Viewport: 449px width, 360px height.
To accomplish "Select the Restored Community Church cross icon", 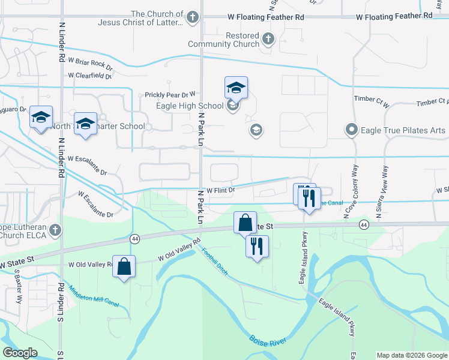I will pyautogui.click(x=268, y=40).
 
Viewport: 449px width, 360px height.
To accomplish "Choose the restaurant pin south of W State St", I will pyautogui.click(x=257, y=246).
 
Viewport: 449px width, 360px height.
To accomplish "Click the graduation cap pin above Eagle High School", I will pyautogui.click(x=236, y=88).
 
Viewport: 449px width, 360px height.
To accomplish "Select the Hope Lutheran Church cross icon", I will pyautogui.click(x=55, y=230).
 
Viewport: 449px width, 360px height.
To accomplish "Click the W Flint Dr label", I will pyautogui.click(x=220, y=190).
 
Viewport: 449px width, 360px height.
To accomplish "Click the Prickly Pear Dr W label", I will pyautogui.click(x=170, y=94).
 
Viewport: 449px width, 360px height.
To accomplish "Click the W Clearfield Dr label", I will pyautogui.click(x=90, y=76).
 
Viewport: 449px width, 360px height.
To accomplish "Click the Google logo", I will pyautogui.click(x=20, y=353).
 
